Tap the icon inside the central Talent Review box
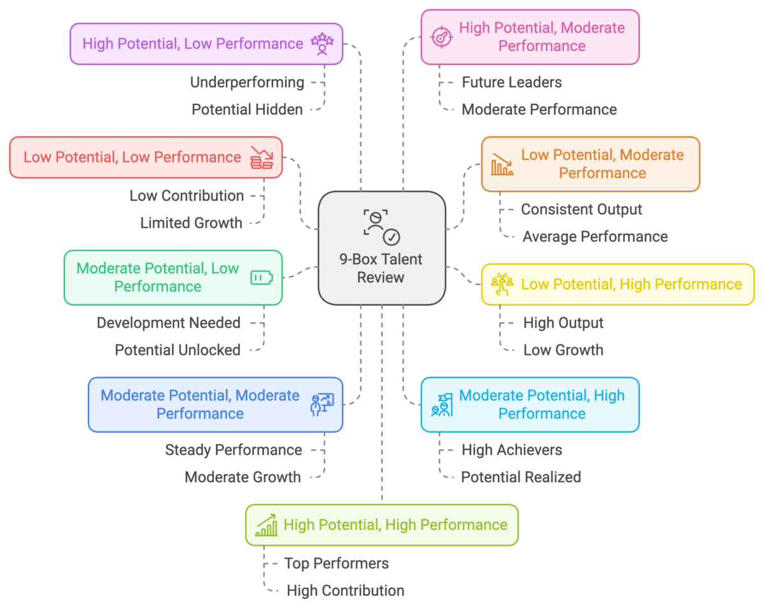381,226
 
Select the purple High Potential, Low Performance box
206,44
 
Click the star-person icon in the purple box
322,44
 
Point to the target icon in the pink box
441,37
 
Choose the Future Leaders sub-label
511,82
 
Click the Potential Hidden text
247,110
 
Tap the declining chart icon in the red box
261,157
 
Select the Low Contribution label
187,196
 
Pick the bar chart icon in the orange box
502,164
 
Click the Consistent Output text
581,210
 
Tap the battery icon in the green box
261,278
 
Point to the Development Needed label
169,323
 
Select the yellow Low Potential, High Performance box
618,284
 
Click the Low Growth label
563,350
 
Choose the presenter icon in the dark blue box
322,405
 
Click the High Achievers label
511,450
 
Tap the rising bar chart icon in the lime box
266,525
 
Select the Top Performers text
336,563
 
